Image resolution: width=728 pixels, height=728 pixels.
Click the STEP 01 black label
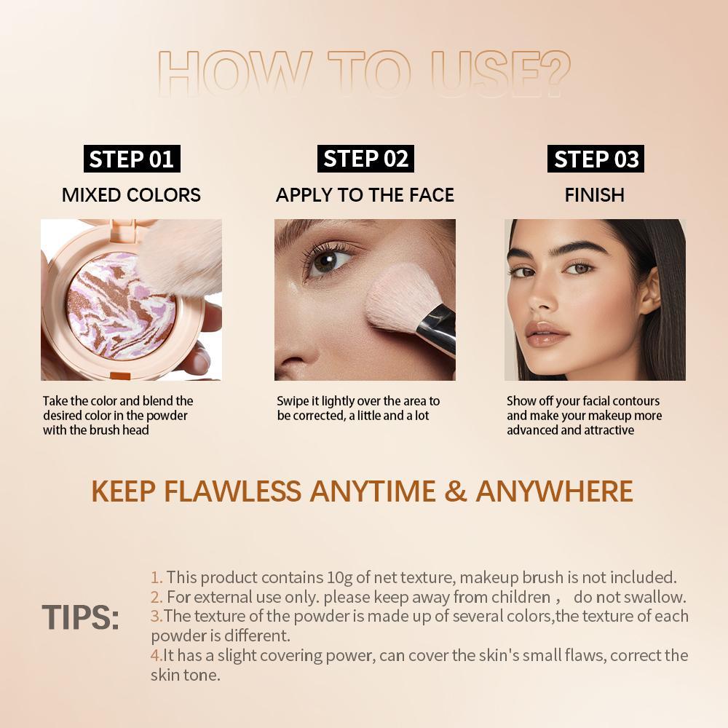click(131, 159)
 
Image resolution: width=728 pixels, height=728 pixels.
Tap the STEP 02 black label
click(365, 159)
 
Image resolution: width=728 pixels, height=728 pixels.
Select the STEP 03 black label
click(596, 159)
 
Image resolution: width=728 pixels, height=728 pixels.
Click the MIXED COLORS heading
click(131, 195)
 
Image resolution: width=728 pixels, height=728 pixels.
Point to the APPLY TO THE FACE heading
click(365, 195)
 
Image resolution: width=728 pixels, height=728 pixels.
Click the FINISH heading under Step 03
click(595, 195)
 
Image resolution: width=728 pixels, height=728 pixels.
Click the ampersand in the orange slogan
click(455, 491)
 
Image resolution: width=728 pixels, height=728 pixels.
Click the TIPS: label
click(80, 617)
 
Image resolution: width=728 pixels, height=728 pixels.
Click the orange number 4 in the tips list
click(156, 655)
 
